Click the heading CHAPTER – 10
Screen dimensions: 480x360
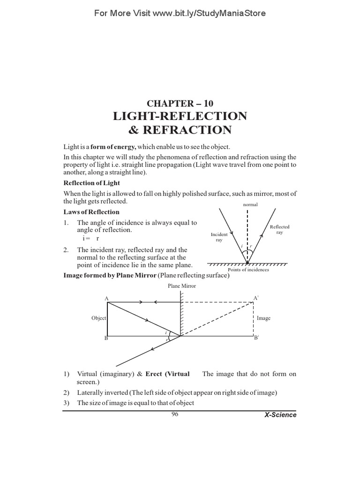click(x=180, y=103)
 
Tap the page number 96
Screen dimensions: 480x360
click(x=175, y=414)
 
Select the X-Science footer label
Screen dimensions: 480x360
click(x=280, y=415)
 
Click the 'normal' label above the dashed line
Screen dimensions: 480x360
click(x=251, y=205)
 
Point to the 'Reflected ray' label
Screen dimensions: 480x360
click(x=280, y=230)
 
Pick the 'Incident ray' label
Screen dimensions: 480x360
click(x=219, y=237)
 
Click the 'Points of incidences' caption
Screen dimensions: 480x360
click(x=248, y=270)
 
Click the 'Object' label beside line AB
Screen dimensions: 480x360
click(x=99, y=318)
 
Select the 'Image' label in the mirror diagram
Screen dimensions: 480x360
click(x=263, y=318)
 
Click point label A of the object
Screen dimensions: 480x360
click(x=106, y=298)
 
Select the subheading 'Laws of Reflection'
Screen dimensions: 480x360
click(x=91, y=212)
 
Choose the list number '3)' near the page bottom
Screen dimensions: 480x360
click(x=67, y=403)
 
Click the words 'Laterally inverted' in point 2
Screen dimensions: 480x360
click(x=100, y=392)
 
